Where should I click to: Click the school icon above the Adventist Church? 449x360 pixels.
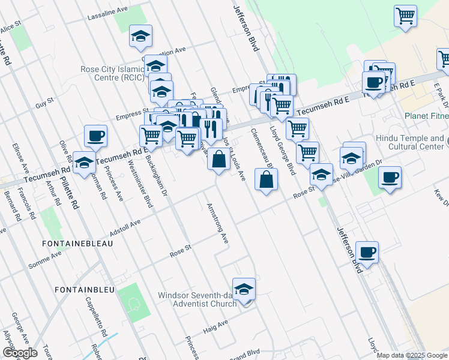tap(244, 290)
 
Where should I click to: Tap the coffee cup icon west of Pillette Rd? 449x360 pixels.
tap(95, 136)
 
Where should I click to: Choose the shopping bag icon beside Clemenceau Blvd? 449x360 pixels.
tap(266, 179)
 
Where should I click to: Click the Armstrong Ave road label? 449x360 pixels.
tap(218, 223)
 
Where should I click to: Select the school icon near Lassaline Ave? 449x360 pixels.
tap(140, 37)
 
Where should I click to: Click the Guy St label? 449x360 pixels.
tap(44, 104)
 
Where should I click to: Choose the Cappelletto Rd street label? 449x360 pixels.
tap(95, 316)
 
